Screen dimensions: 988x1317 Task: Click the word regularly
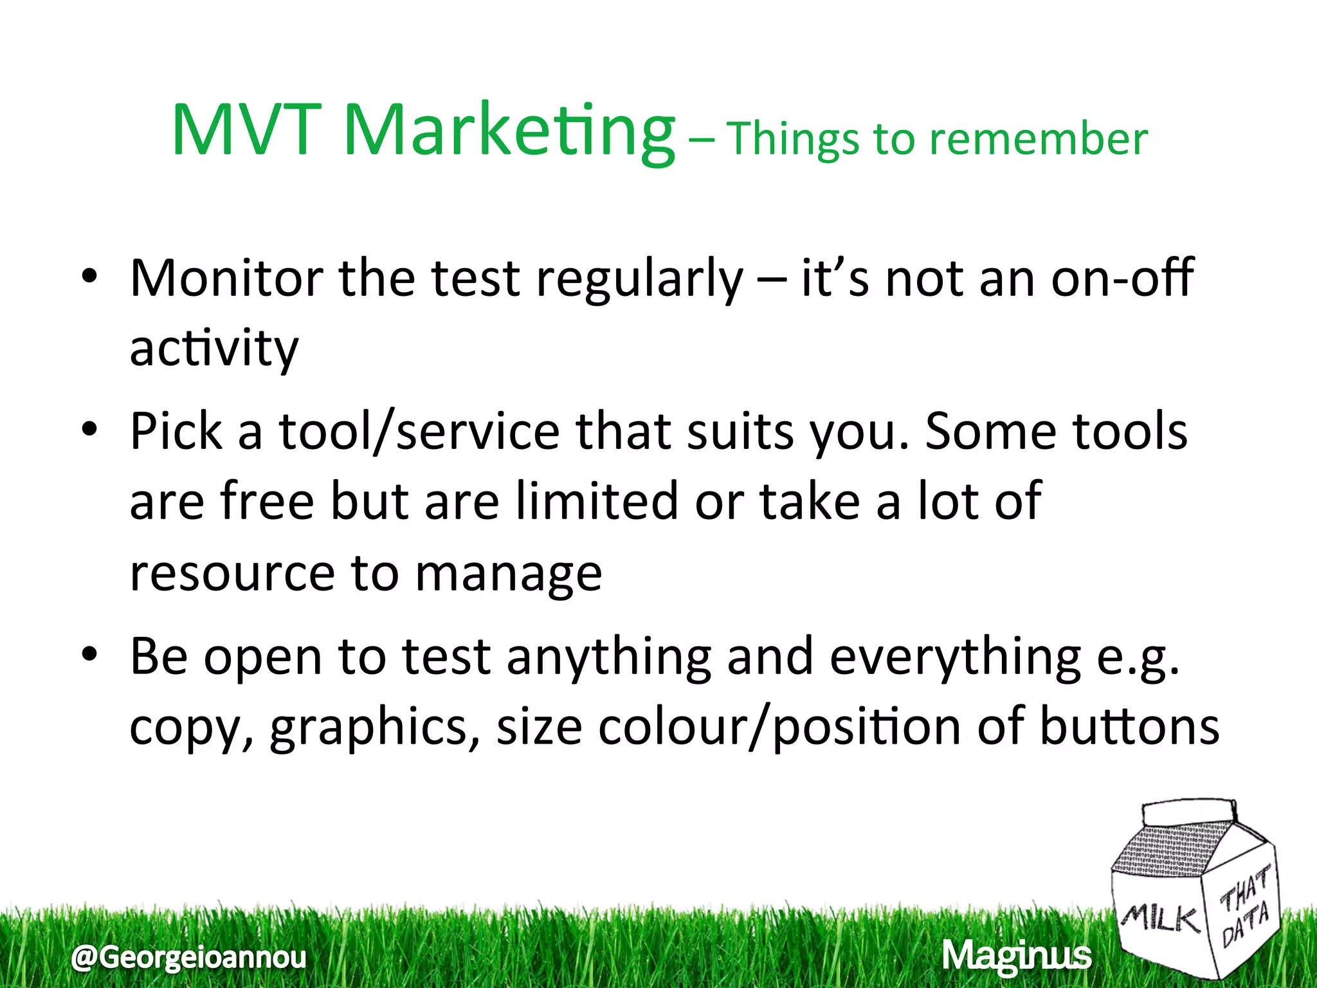click(x=639, y=280)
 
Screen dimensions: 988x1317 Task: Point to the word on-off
click(x=1122, y=278)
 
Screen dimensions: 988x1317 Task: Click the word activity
click(x=214, y=349)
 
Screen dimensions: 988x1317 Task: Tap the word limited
click(x=596, y=501)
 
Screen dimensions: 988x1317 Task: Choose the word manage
click(x=509, y=574)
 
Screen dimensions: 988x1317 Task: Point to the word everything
click(x=955, y=658)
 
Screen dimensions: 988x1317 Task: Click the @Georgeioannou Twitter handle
click(x=189, y=957)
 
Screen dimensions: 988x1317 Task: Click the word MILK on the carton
click(x=1161, y=918)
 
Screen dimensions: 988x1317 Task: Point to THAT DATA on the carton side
click(x=1245, y=908)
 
